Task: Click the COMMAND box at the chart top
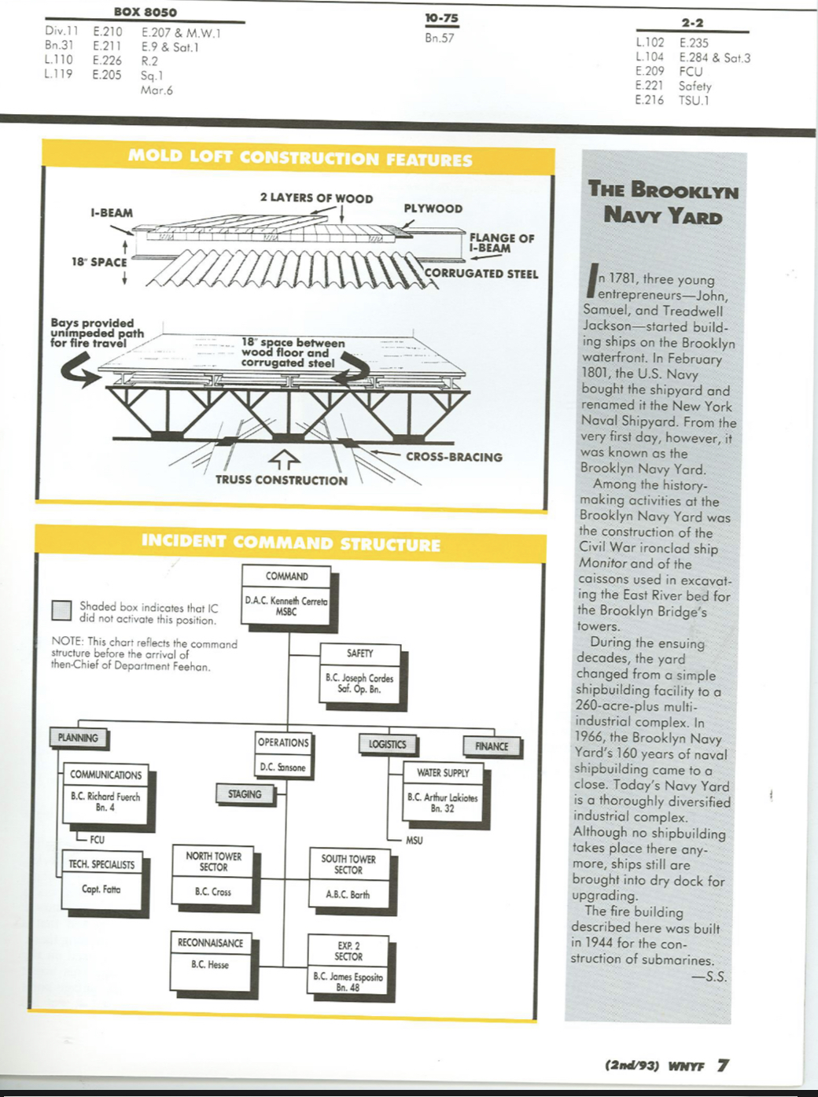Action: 286,595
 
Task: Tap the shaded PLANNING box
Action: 79,738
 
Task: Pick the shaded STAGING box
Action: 245,794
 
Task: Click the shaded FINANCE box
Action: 491,746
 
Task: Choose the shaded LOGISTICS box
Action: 387,744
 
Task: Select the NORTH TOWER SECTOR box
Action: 213,875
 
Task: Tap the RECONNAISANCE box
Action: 210,959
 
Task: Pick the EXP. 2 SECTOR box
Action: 348,965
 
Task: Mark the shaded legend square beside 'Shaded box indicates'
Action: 61,611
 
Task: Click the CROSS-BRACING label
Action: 454,457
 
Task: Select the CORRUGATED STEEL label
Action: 481,274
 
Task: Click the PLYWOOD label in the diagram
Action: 433,208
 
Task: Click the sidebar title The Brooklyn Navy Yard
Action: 663,202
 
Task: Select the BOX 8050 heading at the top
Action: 146,12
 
